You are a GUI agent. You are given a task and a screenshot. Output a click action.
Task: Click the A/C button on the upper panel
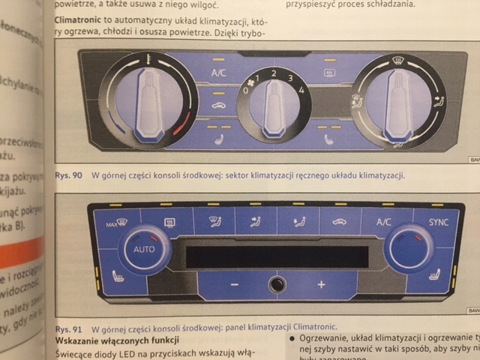click(x=219, y=73)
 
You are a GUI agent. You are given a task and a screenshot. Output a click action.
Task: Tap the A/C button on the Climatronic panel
click(x=382, y=222)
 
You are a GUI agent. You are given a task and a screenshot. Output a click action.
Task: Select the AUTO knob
click(x=144, y=249)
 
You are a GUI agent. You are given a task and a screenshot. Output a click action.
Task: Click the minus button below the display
click(x=234, y=285)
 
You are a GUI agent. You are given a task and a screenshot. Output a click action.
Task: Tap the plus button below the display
click(x=321, y=285)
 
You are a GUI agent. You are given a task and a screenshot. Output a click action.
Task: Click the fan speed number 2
click(x=274, y=72)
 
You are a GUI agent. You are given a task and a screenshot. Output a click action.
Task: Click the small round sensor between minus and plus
click(x=277, y=284)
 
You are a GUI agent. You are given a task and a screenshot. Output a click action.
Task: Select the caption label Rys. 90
click(x=68, y=175)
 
